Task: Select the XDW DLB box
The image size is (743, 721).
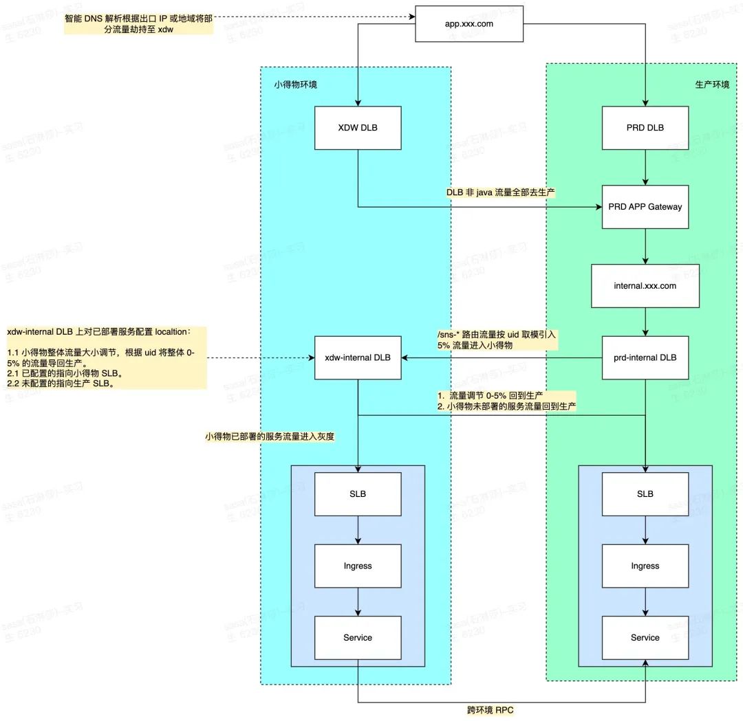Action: point(358,127)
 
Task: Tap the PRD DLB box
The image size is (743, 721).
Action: point(645,127)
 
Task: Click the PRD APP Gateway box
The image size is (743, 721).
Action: point(645,206)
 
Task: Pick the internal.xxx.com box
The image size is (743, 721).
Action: point(645,285)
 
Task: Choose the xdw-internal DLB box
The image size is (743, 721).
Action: point(358,357)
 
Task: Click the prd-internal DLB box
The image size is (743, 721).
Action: point(645,357)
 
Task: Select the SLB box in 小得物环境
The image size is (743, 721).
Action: point(358,493)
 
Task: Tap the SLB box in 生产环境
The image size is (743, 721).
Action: point(645,493)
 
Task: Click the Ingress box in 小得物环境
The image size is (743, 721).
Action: point(358,566)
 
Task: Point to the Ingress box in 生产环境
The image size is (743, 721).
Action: point(645,566)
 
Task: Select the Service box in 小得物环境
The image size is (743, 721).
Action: point(358,637)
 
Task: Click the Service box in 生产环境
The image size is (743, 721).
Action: point(645,637)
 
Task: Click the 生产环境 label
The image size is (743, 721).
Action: point(712,85)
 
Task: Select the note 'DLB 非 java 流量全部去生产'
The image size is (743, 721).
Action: point(501,194)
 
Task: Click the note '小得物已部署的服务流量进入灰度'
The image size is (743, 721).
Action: point(269,436)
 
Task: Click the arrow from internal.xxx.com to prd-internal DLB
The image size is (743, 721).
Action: point(645,321)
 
